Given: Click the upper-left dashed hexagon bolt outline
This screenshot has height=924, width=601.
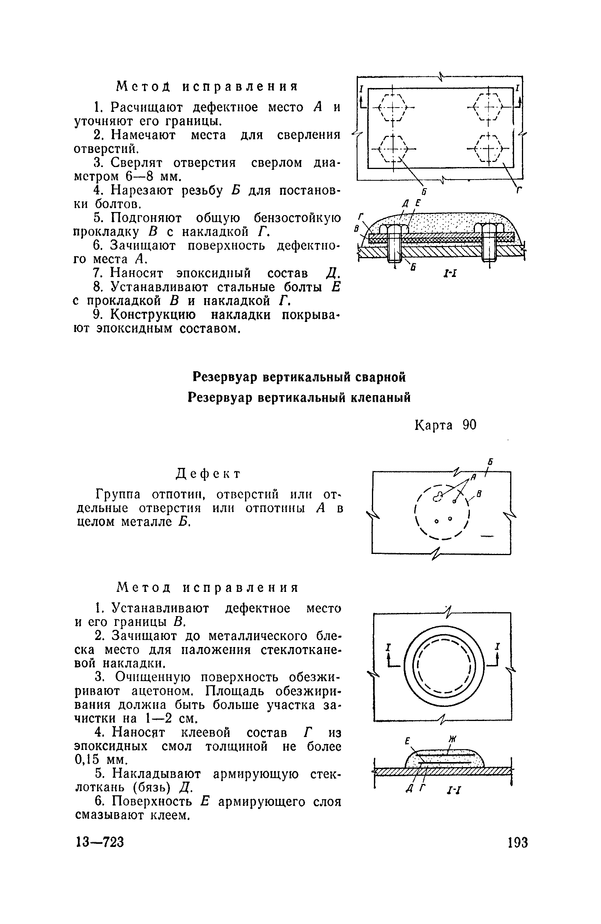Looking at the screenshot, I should [x=393, y=107].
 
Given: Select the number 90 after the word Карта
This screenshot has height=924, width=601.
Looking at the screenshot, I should [x=469, y=424].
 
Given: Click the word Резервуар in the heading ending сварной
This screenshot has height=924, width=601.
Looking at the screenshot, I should [x=224, y=377].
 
